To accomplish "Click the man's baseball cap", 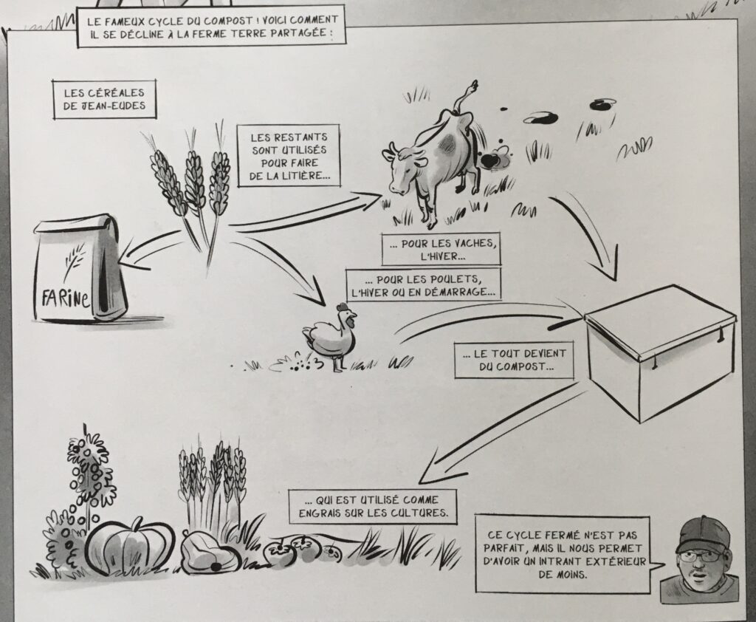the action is click(703, 533).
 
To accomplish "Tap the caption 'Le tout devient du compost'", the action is click(515, 360).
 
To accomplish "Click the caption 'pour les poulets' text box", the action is click(423, 286).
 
